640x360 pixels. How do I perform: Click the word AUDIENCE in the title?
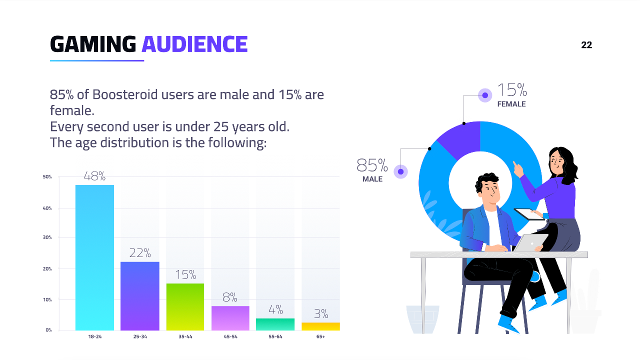[194, 44]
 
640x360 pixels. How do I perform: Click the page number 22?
[586, 45]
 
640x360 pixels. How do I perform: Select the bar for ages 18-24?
[94, 257]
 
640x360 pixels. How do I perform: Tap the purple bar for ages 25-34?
[139, 296]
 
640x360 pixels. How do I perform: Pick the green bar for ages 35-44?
[185, 307]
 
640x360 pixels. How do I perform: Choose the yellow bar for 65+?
[320, 326]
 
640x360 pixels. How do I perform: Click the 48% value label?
[94, 176]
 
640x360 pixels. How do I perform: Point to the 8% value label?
[230, 297]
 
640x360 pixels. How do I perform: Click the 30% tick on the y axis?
[47, 237]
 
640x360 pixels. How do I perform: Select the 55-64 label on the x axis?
[275, 336]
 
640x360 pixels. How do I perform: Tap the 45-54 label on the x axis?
[230, 336]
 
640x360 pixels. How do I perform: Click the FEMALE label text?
[511, 104]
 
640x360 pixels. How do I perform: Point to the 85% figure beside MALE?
[372, 165]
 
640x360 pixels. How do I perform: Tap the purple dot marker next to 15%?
[485, 95]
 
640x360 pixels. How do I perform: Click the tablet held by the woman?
[529, 214]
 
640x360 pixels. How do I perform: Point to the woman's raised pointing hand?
[517, 169]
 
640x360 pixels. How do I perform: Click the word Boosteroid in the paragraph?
[125, 94]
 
